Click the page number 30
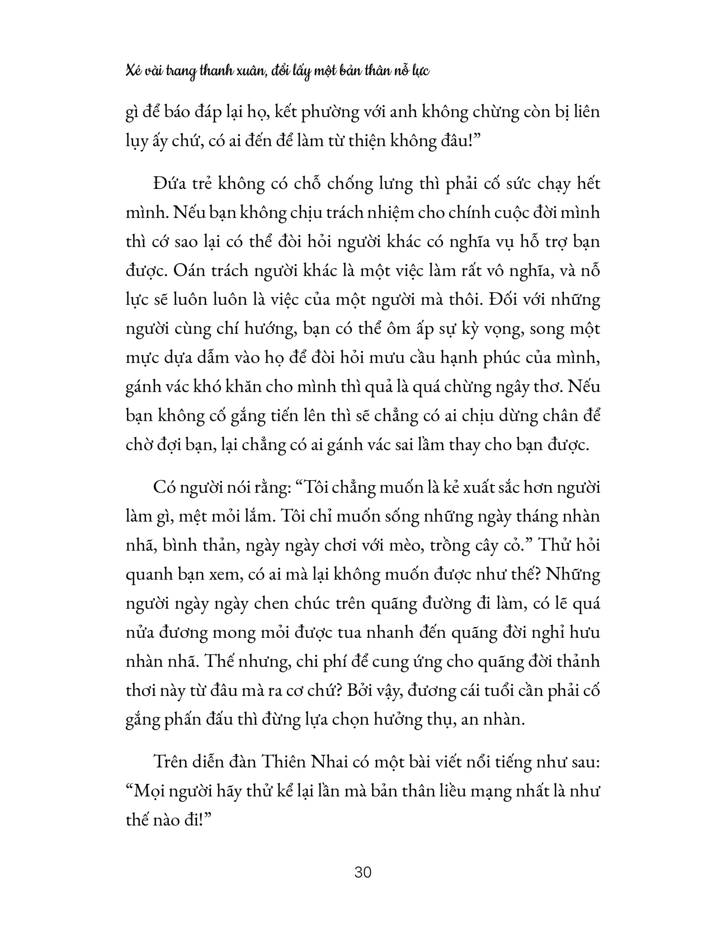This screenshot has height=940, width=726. coord(363,872)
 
